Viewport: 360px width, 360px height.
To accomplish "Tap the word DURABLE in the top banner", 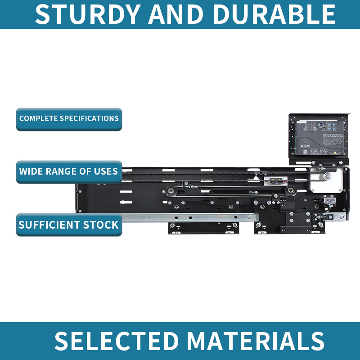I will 274,14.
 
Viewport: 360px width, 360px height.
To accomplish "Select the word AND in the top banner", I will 179,14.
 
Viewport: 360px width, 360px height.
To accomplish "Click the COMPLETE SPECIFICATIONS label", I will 69,119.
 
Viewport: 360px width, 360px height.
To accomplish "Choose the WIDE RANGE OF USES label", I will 69,171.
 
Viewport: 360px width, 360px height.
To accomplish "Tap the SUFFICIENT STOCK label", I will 69,225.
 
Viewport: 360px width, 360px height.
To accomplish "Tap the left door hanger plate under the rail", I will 203,228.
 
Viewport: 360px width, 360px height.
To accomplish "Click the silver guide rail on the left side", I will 180,218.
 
